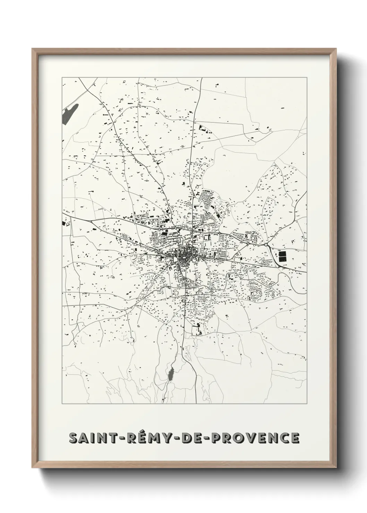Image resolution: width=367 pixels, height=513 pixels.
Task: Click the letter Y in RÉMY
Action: [157, 438]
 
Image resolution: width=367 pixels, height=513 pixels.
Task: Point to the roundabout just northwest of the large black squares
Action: [266, 244]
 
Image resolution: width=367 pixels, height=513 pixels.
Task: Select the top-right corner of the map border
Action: [307, 78]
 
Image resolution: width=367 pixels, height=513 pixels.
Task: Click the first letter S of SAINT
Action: [74, 438]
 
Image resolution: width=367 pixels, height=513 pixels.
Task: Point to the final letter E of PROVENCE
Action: [295, 438]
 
